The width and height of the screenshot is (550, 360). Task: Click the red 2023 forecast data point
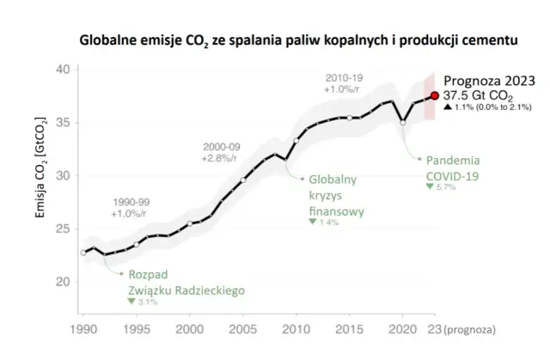point(435,96)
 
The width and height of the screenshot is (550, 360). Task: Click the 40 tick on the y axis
point(61,70)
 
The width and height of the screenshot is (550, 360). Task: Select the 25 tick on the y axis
point(61,229)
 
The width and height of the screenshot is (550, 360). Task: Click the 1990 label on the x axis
point(82,329)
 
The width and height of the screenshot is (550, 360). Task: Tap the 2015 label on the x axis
point(350,329)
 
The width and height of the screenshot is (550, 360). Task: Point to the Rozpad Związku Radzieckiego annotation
point(186,283)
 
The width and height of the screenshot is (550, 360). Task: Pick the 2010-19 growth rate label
point(348,83)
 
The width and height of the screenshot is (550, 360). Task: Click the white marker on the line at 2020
point(403,123)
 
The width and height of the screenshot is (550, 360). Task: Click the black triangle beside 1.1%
point(448,109)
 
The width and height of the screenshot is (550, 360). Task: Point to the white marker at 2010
point(296,140)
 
